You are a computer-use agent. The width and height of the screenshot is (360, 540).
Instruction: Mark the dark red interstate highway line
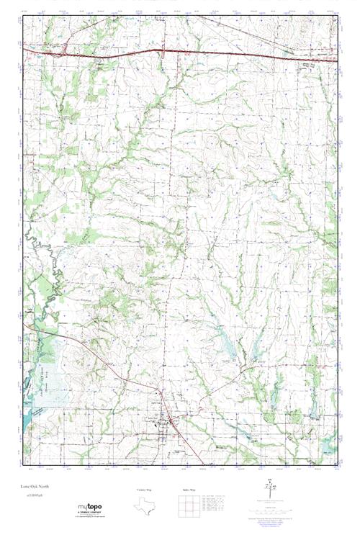click(216, 53)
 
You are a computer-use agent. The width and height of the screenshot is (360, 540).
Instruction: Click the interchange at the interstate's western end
click(63, 50)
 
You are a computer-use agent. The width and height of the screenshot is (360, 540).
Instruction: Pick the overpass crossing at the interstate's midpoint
click(163, 52)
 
